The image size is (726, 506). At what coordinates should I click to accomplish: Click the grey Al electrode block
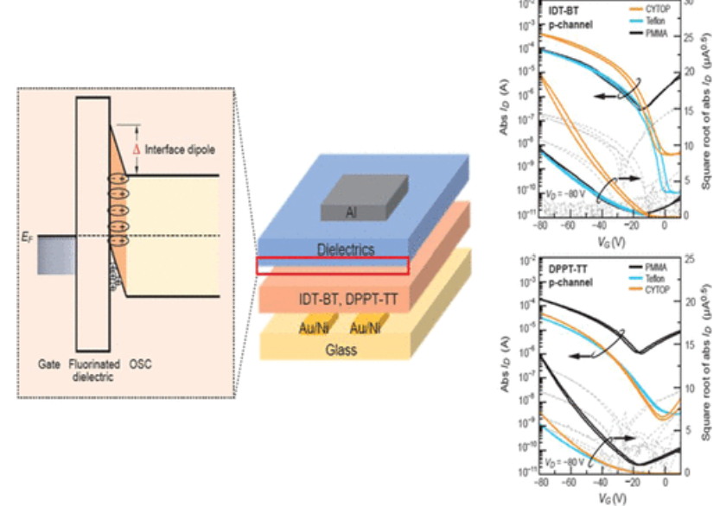(364, 198)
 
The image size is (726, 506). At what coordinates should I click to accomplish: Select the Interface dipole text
(181, 149)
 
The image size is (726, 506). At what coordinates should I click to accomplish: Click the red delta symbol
(136, 149)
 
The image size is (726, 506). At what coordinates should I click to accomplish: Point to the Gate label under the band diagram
(48, 365)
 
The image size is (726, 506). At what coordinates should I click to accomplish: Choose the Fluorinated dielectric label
(92, 370)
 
